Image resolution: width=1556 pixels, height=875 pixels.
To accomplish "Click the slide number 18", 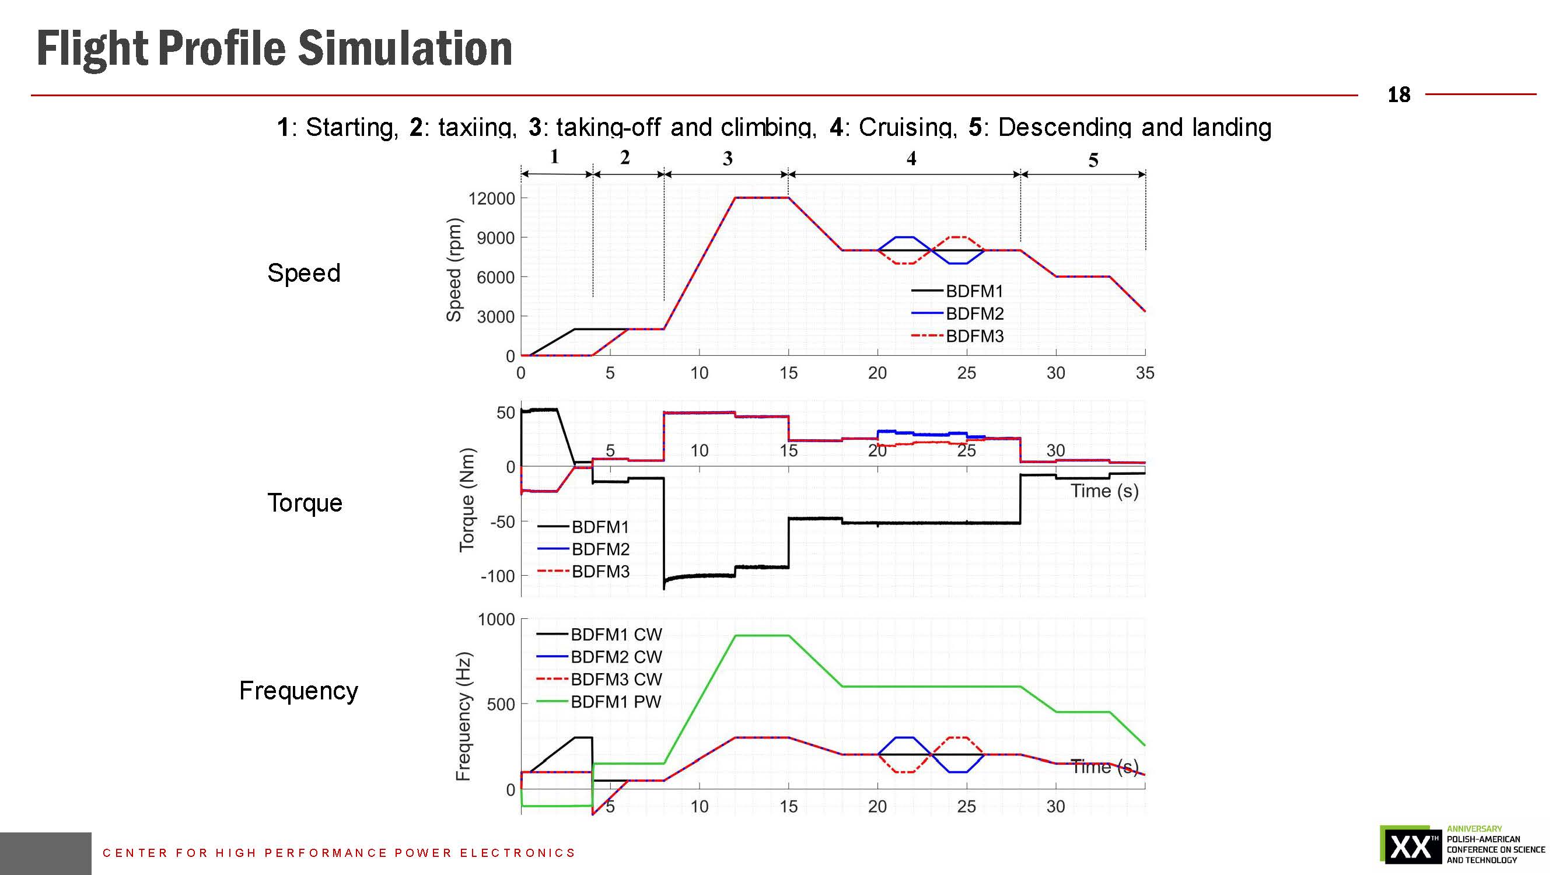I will tap(1398, 95).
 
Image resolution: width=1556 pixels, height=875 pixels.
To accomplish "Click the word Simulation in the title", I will tap(405, 49).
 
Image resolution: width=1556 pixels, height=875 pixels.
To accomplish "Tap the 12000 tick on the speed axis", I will tap(492, 199).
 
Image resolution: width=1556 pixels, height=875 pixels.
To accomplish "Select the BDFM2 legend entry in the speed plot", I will tap(974, 313).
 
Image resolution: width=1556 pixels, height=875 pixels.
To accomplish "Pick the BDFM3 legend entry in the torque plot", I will tap(600, 571).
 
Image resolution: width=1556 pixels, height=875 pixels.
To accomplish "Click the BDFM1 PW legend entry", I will tap(615, 702).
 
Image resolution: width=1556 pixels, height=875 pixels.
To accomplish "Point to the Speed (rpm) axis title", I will tap(454, 270).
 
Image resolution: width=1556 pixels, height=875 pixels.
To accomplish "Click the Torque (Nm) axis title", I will tap(467, 500).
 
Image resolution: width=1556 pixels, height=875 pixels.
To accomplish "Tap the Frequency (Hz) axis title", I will tap(463, 716).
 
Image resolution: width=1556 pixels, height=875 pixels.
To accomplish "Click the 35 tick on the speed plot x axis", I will tap(1145, 373).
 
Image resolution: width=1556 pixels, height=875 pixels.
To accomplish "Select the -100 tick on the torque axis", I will tap(498, 576).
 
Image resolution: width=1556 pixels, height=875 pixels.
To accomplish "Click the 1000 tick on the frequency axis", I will tap(496, 619).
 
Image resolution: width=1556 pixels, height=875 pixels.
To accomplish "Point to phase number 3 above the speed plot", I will tap(728, 159).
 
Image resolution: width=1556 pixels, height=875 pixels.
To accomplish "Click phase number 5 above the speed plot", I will tap(1093, 160).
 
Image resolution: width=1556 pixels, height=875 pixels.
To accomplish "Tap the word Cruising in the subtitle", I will tap(907, 127).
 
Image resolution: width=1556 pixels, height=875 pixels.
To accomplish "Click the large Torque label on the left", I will tap(305, 503).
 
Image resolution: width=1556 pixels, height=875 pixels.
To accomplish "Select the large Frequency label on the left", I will tap(298, 691).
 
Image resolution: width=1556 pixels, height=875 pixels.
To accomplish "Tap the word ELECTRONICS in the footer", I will tap(517, 853).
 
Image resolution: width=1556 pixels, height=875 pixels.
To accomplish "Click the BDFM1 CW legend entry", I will tap(616, 635).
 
